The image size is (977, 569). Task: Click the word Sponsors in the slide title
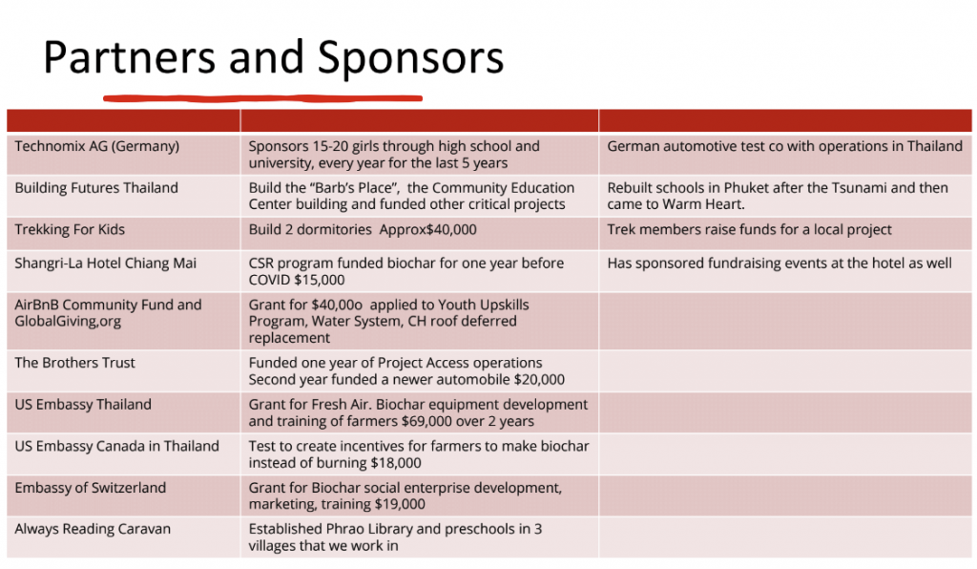411,58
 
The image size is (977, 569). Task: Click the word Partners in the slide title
130,58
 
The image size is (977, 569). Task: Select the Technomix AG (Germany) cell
97,146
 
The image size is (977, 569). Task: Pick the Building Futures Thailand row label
96,188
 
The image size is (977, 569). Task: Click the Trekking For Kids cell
70,229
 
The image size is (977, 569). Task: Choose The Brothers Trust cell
75,363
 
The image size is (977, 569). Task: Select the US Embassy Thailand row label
83,404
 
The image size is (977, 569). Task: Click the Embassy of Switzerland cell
91,488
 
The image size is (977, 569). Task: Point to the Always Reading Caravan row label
93,529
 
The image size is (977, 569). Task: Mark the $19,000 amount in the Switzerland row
400,504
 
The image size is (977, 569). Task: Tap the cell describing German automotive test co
784,146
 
